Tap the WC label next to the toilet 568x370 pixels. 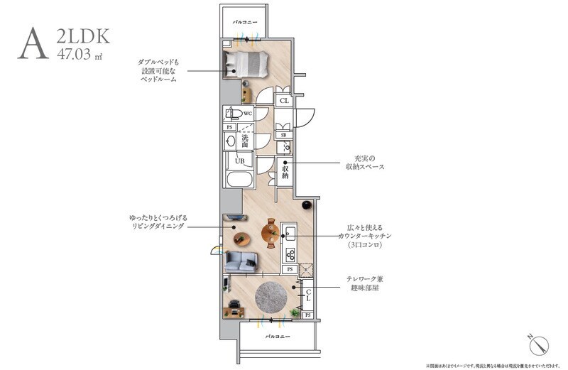248,113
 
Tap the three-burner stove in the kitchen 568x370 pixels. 290,253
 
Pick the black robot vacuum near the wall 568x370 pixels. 307,205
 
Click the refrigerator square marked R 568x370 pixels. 307,269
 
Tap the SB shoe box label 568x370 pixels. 284,135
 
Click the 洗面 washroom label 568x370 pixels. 244,140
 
